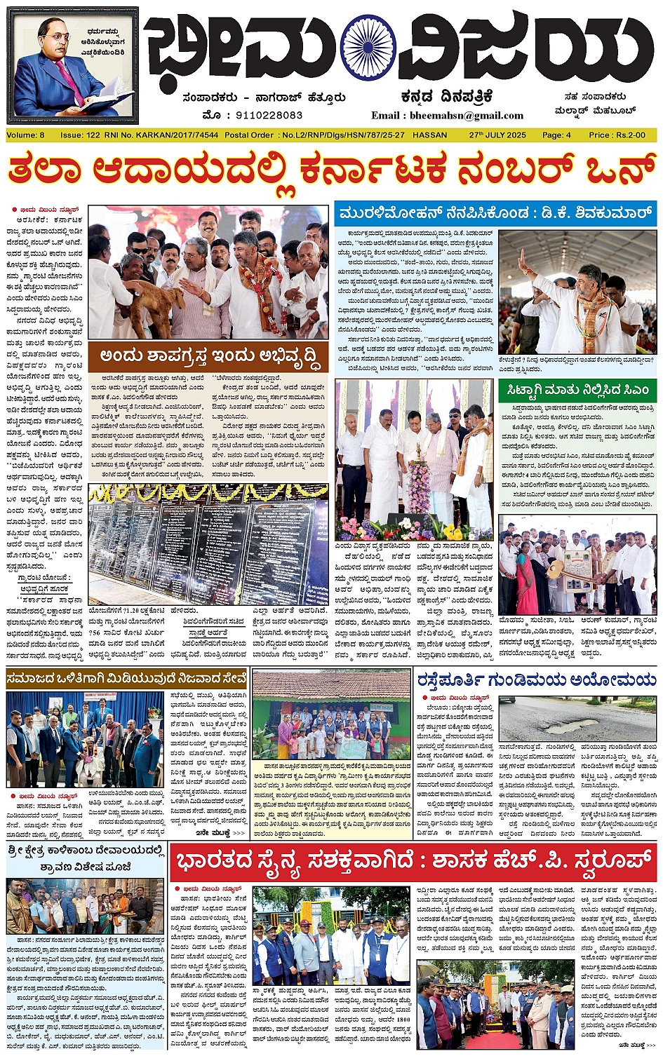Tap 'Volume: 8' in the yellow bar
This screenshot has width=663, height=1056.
click(25, 135)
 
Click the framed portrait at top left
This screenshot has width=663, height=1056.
click(73, 67)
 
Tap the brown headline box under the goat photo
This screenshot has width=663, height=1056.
click(208, 356)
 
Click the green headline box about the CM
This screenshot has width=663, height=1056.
click(577, 390)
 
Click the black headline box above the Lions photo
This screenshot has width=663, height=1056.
click(126, 678)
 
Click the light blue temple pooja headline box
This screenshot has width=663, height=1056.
click(86, 859)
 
